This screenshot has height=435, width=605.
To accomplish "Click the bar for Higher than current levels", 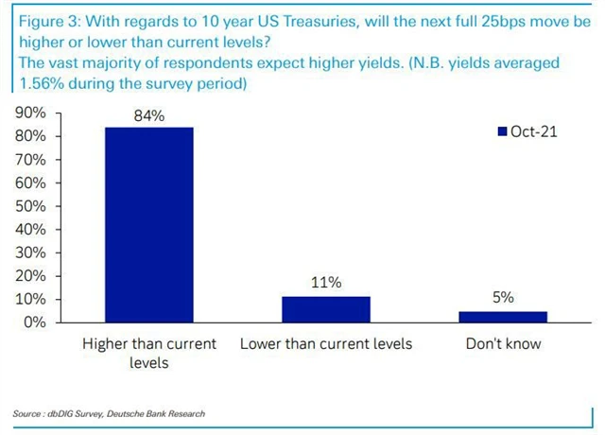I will click(149, 224).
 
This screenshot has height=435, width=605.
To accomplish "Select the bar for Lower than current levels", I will click(326, 309).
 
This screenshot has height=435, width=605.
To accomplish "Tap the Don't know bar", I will click(503, 316).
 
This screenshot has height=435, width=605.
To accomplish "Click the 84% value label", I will click(149, 116).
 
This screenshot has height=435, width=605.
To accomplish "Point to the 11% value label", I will click(326, 283).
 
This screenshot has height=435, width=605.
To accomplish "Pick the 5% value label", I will click(503, 297).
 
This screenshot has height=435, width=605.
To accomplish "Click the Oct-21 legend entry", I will click(527, 131).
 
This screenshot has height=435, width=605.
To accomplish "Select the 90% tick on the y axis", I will click(32, 113).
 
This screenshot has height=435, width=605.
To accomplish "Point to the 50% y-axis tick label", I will click(32, 206).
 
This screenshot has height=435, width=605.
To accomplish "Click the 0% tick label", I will click(36, 322).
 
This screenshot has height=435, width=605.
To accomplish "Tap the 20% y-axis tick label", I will click(32, 276).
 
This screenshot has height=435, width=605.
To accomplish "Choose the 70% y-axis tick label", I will click(32, 160).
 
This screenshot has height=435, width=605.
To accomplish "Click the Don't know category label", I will click(503, 343).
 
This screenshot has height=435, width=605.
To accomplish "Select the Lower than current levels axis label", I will click(326, 343).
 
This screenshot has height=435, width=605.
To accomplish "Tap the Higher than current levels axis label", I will click(149, 353).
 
